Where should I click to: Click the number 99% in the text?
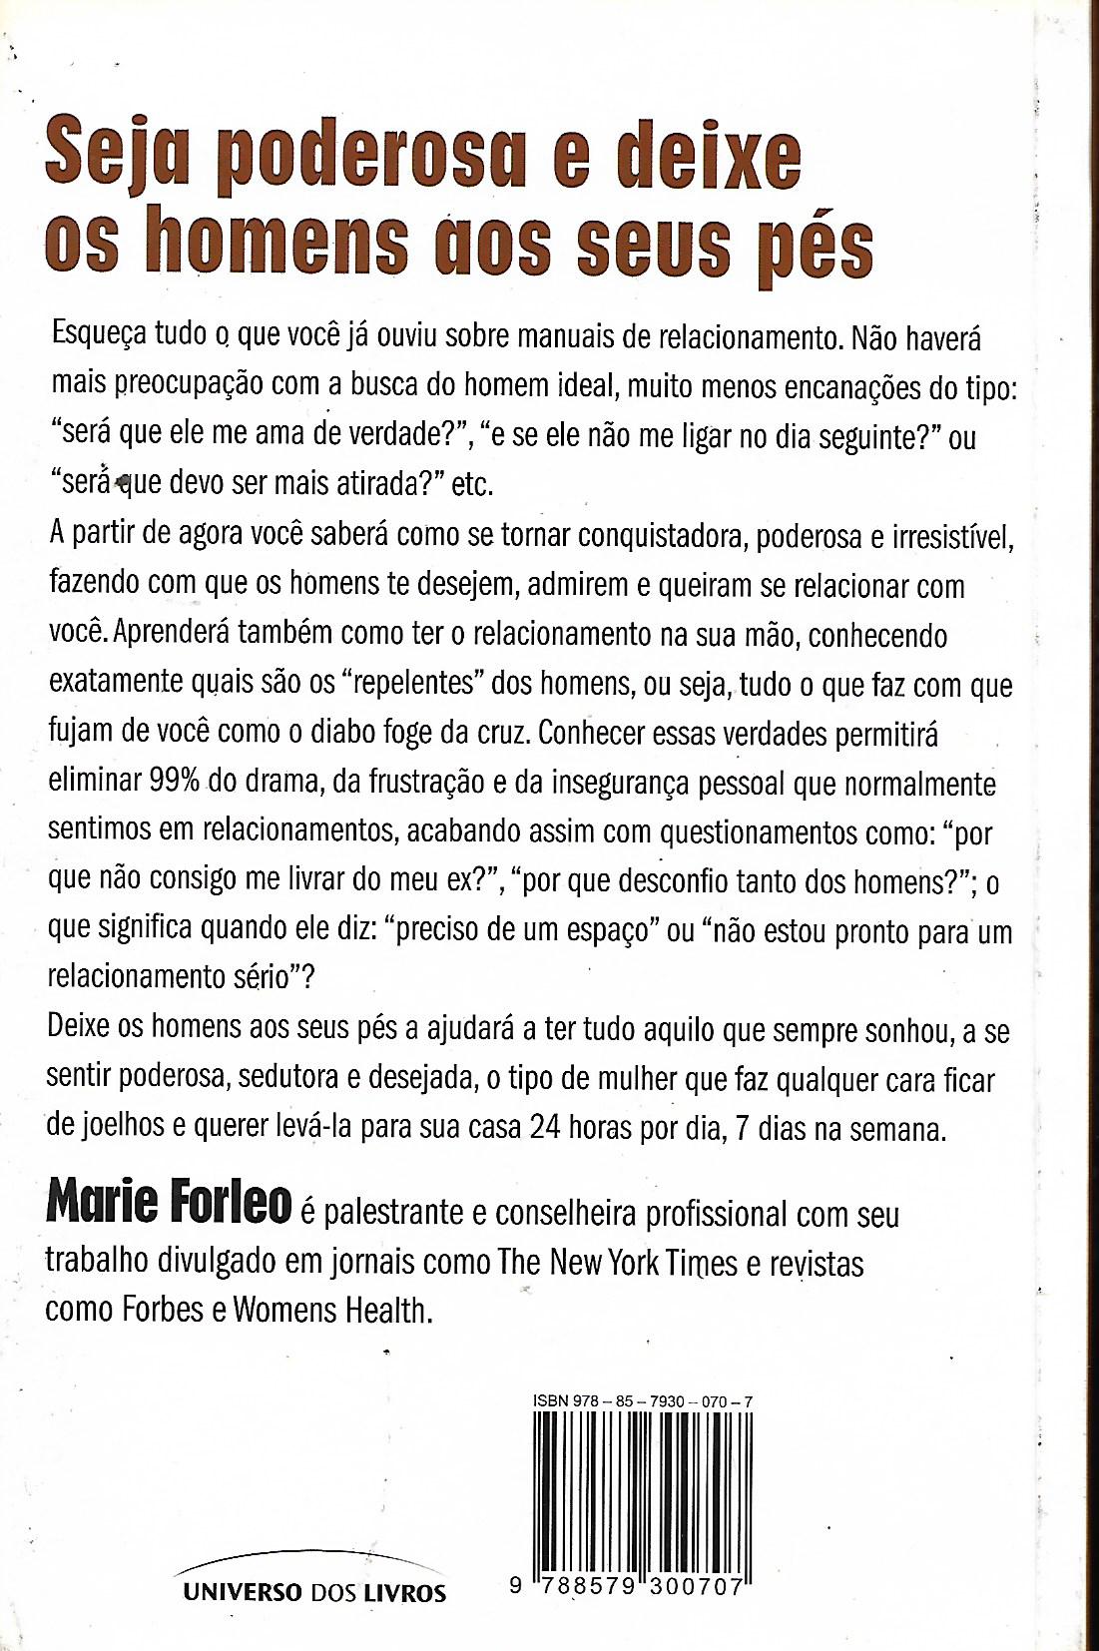pyautogui.click(x=176, y=782)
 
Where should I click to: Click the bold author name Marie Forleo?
pyautogui.click(x=168, y=1205)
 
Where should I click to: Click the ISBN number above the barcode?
pyautogui.click(x=643, y=1401)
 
